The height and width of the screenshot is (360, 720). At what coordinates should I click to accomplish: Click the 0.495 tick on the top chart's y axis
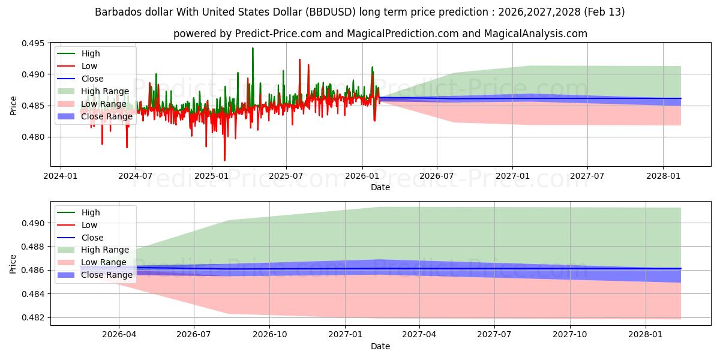(35, 43)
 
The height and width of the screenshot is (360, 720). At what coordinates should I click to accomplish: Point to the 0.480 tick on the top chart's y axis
(35, 137)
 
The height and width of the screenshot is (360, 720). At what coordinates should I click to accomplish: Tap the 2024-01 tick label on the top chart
(60, 176)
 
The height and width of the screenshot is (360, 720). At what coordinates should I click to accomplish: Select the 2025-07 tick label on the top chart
(286, 176)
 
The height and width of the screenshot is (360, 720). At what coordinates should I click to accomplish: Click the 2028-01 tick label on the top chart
(663, 176)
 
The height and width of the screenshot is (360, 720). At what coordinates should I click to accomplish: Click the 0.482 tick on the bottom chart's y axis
(35, 317)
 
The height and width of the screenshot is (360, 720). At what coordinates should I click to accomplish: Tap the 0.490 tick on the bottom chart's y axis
(35, 223)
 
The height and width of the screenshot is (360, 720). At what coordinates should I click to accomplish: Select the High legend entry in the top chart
(91, 53)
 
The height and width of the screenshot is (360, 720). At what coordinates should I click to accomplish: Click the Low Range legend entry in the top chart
(104, 104)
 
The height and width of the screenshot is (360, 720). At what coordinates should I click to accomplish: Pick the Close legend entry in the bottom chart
(92, 238)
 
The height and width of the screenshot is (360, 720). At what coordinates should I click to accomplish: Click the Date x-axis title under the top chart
(380, 187)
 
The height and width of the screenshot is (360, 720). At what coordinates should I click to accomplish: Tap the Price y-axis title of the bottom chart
(13, 263)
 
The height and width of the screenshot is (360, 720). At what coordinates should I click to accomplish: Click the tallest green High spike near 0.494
(253, 49)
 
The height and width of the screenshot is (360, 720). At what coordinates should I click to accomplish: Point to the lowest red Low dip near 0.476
(224, 160)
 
